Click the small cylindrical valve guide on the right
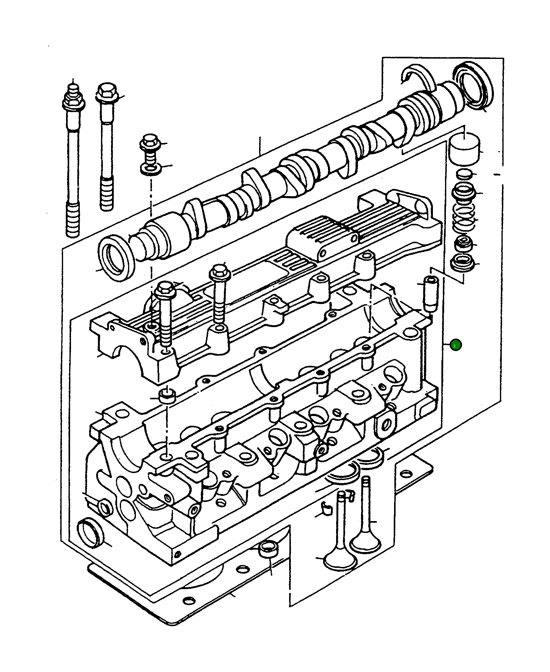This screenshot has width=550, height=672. (430, 294)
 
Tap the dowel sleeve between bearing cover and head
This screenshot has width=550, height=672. (167, 396)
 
